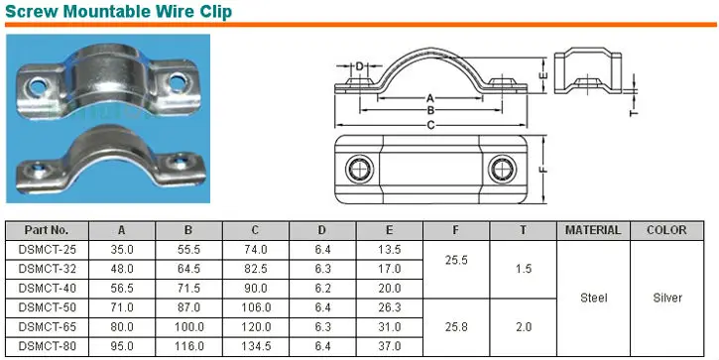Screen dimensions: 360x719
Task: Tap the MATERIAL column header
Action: click(x=592, y=230)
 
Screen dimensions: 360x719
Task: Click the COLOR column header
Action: click(x=665, y=230)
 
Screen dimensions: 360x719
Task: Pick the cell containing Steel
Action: click(x=592, y=298)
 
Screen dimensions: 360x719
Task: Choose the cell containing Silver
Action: click(x=665, y=298)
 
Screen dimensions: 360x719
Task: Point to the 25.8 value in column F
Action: click(x=455, y=327)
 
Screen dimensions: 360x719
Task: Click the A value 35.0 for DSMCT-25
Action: click(x=122, y=249)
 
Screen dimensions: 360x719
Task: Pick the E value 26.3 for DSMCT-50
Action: click(x=389, y=307)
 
